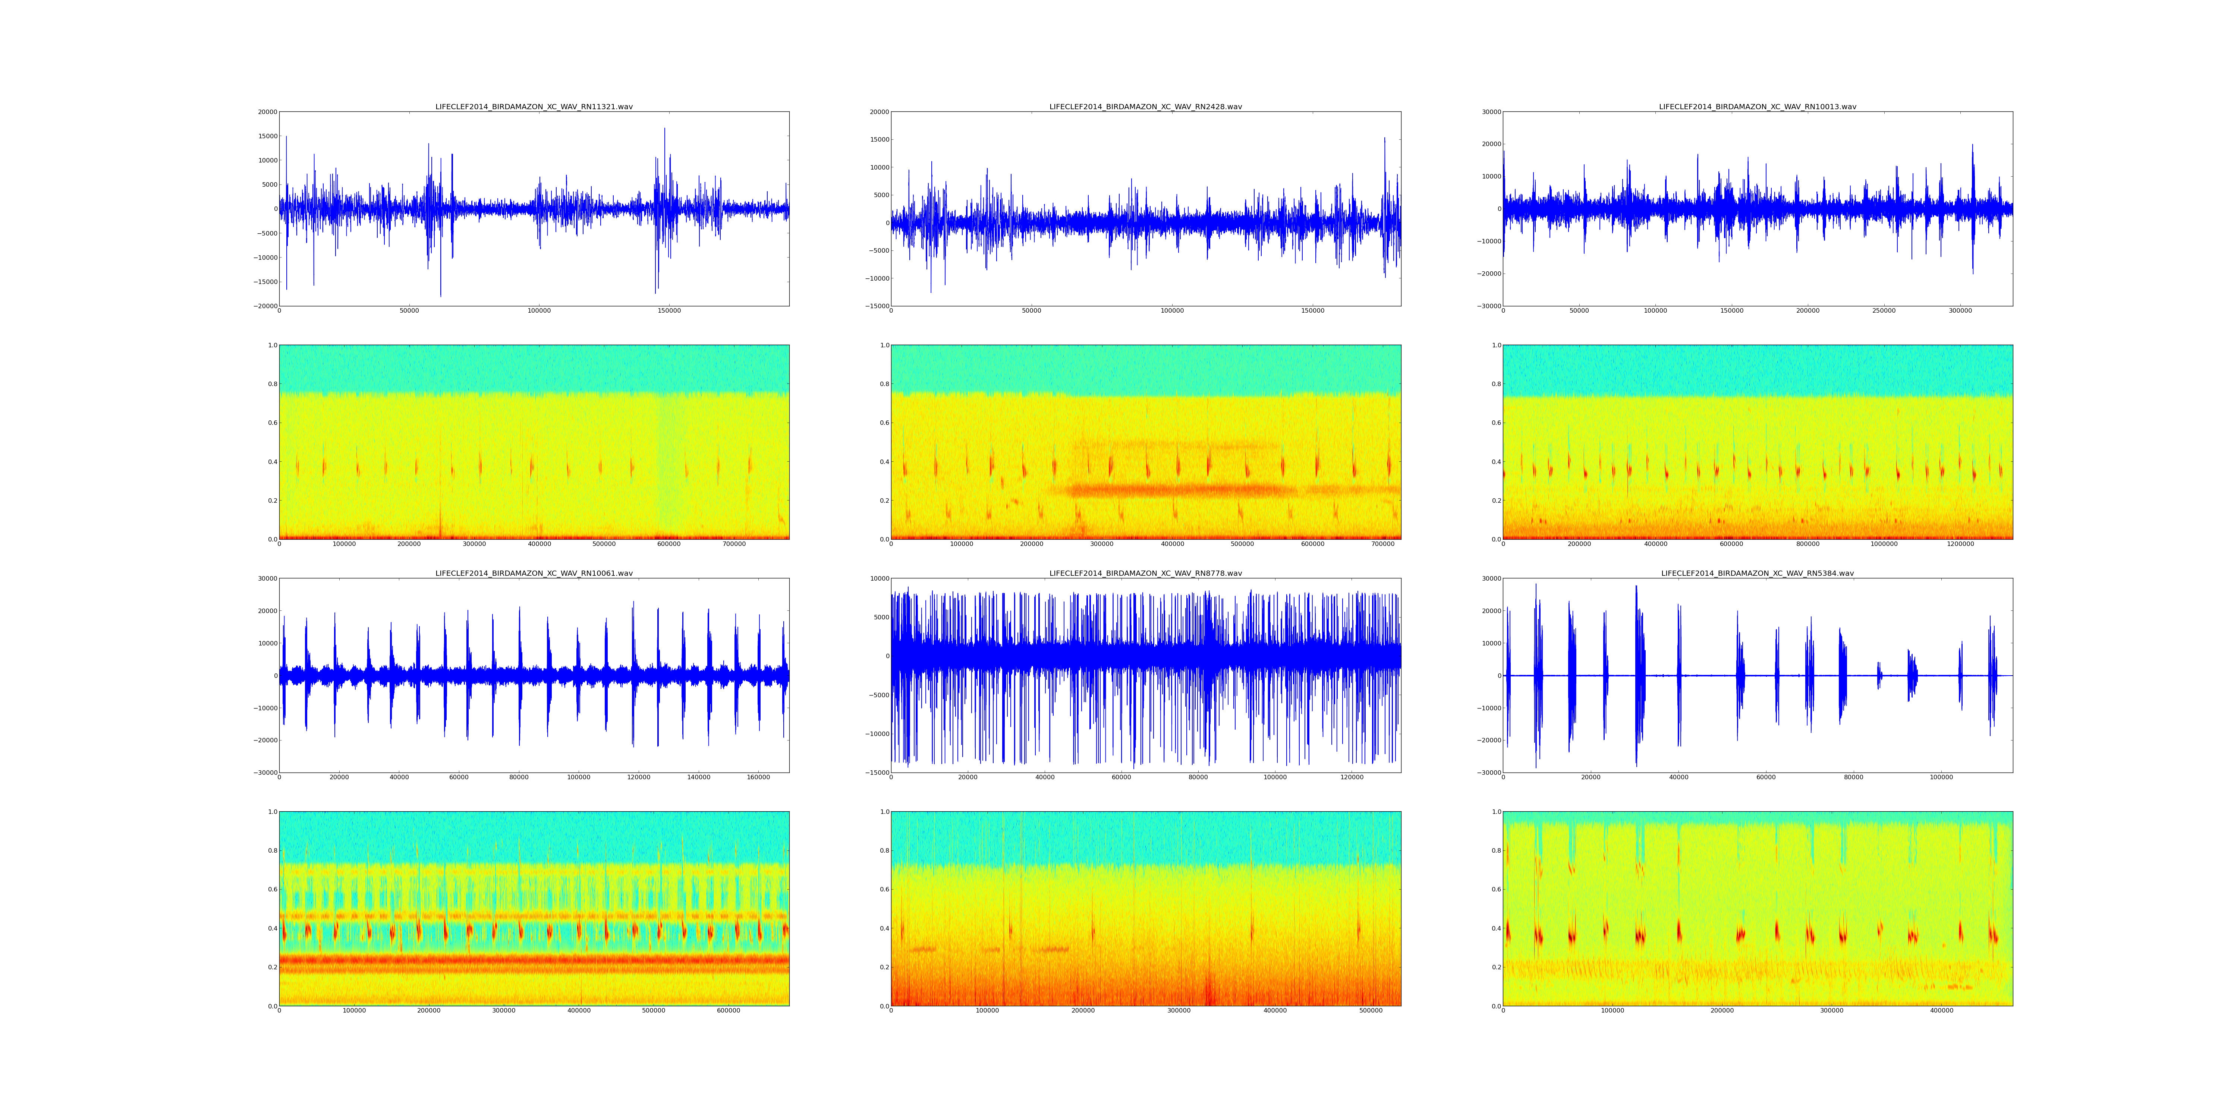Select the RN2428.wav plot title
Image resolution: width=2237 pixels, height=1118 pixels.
tap(1145, 107)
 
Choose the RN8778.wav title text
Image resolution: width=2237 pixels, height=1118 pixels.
tap(1145, 574)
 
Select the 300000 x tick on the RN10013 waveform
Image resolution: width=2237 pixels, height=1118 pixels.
tap(1960, 311)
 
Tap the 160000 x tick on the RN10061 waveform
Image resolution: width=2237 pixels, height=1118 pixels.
tap(758, 778)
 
